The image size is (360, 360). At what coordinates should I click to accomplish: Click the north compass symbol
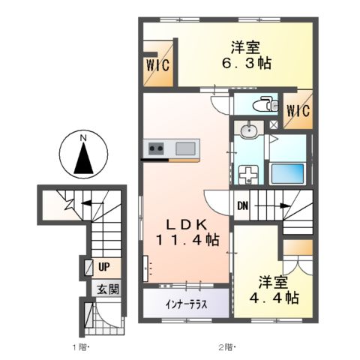[x=85, y=154]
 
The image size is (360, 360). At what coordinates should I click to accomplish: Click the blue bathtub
[x=288, y=170]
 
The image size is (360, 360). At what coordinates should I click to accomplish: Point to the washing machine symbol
[x=247, y=174]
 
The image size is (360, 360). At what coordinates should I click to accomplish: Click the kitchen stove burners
[x=157, y=148]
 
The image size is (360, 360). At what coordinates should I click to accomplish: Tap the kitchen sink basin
[x=185, y=148]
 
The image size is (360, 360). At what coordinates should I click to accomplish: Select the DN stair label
[x=244, y=205]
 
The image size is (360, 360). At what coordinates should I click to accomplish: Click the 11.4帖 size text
[x=187, y=241]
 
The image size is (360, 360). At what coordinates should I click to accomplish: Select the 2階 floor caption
[x=226, y=347]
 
